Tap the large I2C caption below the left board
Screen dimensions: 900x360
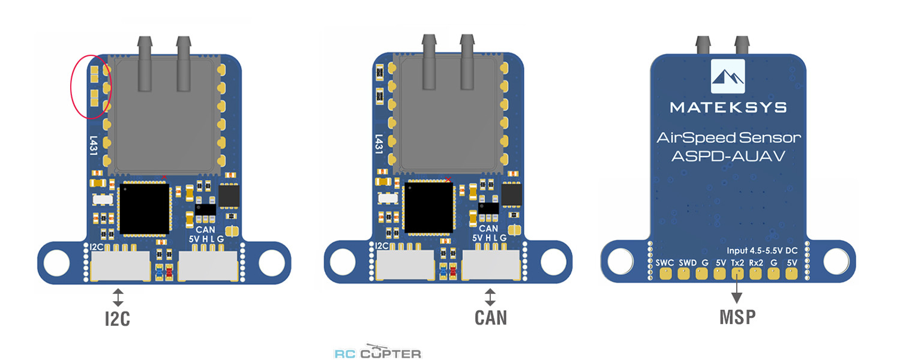[117, 319]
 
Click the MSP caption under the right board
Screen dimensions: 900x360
[737, 317]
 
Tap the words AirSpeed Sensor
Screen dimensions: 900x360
[728, 138]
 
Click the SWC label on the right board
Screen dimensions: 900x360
[665, 262]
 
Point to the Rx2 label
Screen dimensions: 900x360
[756, 262]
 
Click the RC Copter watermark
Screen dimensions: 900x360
[377, 353]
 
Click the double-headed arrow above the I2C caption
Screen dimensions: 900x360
[118, 296]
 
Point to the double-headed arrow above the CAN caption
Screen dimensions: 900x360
[490, 296]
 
